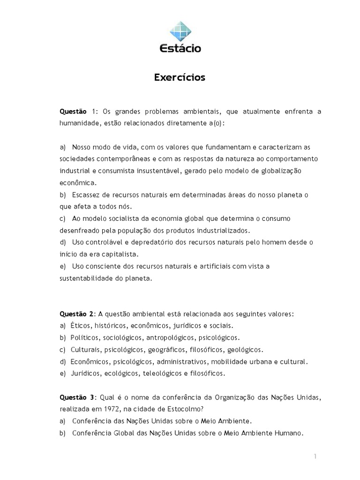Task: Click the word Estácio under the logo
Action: [x=180, y=48]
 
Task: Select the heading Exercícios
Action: [x=180, y=77]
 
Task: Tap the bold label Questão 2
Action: [x=77, y=314]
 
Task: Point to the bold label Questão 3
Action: [x=77, y=398]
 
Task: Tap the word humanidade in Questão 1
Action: [x=79, y=123]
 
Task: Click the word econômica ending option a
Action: [x=78, y=182]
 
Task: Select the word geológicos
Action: [x=246, y=350]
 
